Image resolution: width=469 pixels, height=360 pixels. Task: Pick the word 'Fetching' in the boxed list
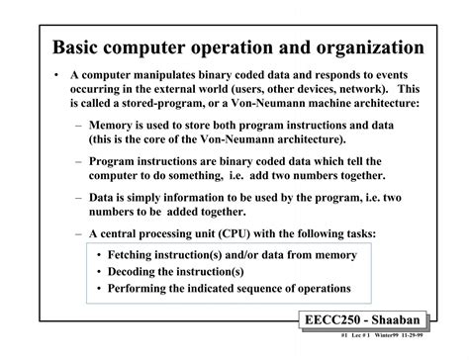[140, 256]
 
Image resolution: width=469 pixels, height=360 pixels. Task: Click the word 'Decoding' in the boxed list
[141, 273]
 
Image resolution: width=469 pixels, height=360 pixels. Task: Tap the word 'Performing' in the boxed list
[147, 290]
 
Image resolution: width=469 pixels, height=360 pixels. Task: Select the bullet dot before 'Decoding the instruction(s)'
[101, 273]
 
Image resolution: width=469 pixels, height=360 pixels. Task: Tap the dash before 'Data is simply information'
[78, 197]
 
